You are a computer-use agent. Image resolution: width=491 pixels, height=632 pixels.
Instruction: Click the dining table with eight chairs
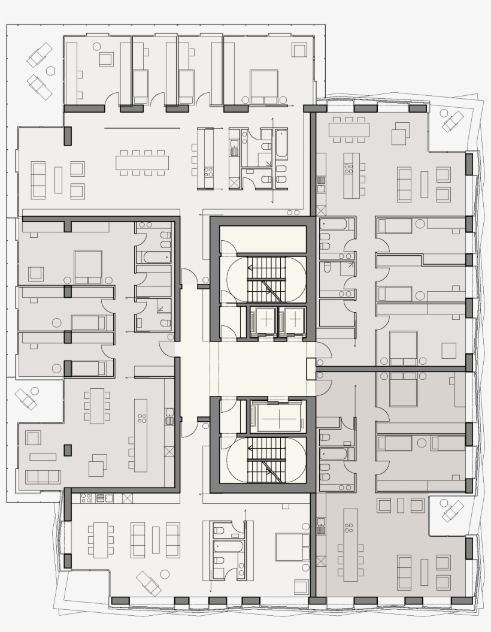point(143,162)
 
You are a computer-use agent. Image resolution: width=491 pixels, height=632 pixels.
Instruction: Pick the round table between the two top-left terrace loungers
point(51,71)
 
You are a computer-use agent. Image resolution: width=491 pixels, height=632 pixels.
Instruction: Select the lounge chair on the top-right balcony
point(452,122)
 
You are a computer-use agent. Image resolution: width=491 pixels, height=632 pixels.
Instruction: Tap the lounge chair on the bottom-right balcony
point(452,511)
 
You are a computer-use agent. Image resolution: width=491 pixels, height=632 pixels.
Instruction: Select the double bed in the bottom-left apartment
point(292,547)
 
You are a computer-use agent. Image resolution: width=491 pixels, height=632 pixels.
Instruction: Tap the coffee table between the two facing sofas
point(156,540)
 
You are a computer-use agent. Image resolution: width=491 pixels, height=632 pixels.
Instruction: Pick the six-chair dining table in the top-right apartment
point(348,130)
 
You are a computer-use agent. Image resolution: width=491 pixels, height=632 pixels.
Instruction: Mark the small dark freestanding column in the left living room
point(68,450)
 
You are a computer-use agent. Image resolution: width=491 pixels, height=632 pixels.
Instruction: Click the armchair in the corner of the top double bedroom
point(299,49)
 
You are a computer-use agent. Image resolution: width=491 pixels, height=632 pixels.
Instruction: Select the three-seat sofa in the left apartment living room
point(43,477)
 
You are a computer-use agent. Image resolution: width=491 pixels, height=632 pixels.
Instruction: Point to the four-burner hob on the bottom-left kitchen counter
point(86,497)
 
